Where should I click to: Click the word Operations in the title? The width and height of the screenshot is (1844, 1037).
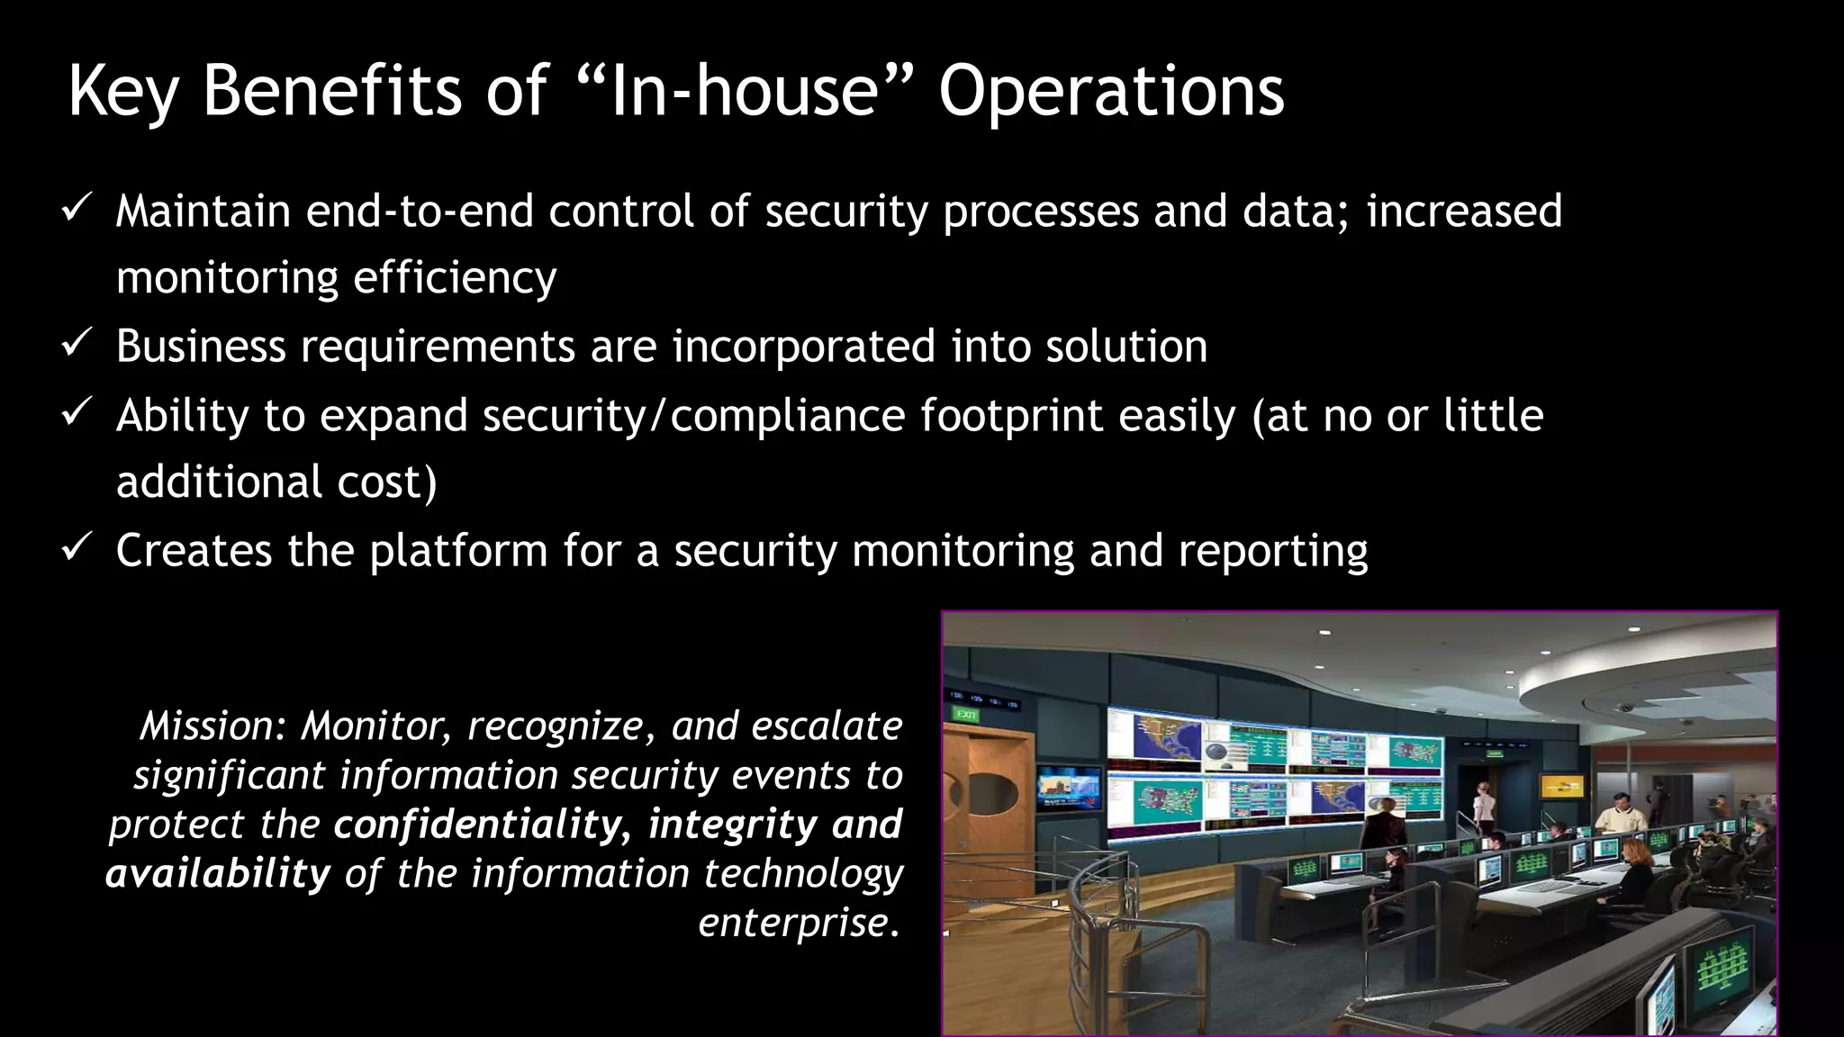coord(1111,92)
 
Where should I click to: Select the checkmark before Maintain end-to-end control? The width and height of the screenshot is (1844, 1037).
coord(77,209)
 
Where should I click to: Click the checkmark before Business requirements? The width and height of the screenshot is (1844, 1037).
coord(77,344)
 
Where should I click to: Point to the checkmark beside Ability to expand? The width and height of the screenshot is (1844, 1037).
coord(77,413)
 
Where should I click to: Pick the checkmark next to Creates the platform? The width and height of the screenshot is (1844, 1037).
coord(77,547)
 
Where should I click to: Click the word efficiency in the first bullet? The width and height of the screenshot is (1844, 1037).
coord(455,277)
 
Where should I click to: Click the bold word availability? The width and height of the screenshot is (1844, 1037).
coord(219,874)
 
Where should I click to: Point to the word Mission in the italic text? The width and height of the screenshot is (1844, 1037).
coord(212,726)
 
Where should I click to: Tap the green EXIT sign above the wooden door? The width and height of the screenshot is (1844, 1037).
coord(966,715)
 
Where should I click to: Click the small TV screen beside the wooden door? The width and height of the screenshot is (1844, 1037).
coord(1069,789)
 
